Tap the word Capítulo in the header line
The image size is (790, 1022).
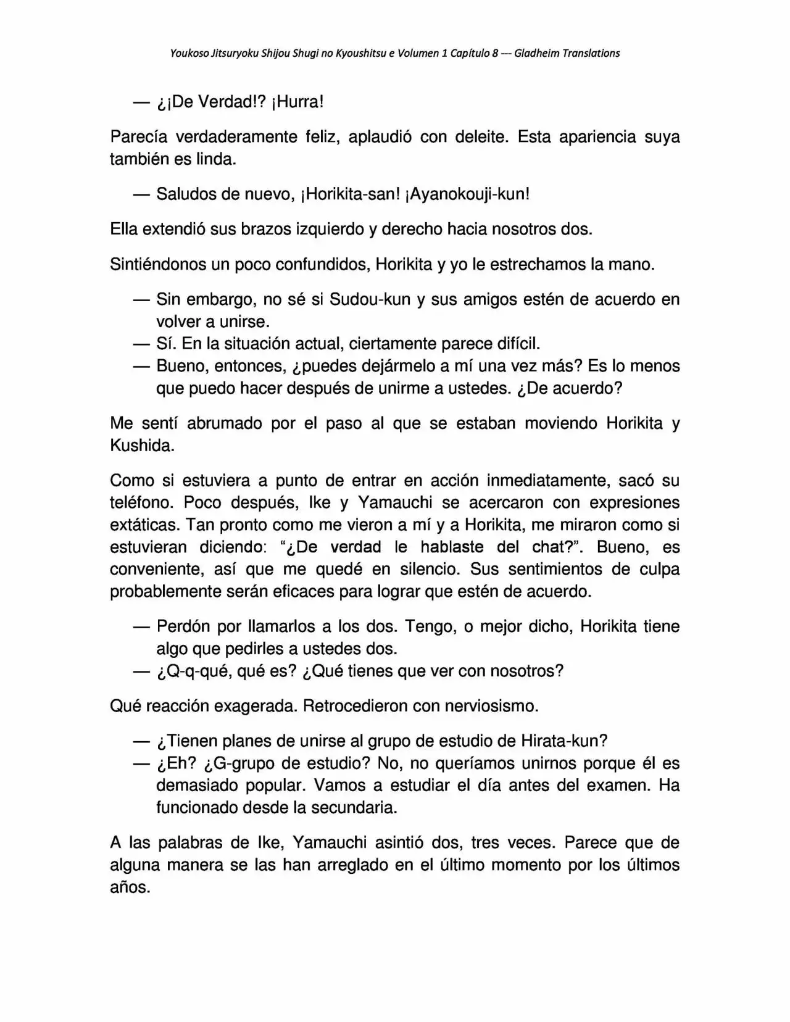[469, 54]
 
